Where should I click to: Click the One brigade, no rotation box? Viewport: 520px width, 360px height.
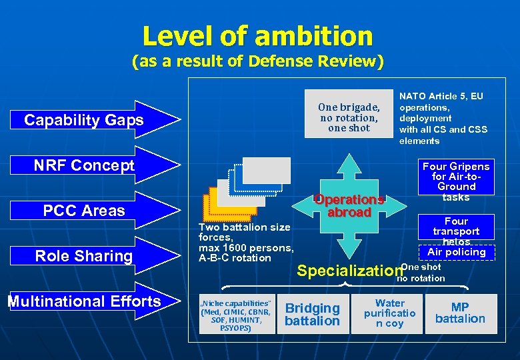click(349, 117)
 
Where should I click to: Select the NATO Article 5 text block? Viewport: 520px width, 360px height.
click(443, 119)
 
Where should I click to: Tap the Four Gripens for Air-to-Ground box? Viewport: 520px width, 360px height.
click(456, 181)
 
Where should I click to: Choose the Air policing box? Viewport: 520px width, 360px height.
click(456, 252)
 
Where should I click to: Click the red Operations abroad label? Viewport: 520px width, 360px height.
click(349, 206)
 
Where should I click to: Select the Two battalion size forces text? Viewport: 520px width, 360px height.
click(245, 243)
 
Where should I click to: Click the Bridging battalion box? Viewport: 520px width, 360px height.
click(312, 314)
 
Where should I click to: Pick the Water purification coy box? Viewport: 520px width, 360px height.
click(390, 313)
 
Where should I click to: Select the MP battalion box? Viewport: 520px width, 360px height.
click(460, 313)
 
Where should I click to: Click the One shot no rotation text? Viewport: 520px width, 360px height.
click(420, 273)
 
